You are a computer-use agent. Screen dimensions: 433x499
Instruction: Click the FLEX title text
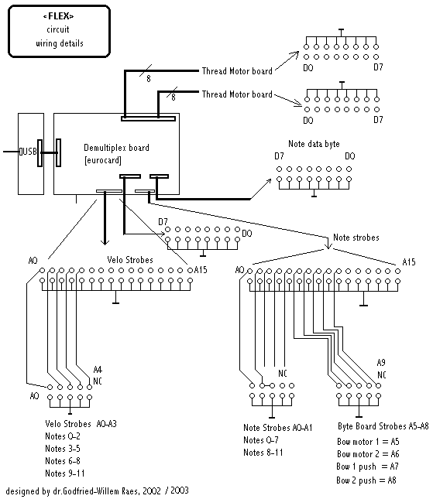pos(58,16)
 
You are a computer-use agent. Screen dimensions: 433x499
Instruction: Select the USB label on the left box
pos(28,152)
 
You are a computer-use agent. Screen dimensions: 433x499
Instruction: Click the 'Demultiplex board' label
pos(116,148)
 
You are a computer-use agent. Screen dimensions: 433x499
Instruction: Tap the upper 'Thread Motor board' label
pos(237,71)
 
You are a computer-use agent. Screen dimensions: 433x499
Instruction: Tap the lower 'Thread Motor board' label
pos(237,94)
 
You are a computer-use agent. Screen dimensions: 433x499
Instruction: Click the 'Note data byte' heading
pos(314,144)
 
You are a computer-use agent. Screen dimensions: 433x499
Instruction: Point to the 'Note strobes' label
pos(356,238)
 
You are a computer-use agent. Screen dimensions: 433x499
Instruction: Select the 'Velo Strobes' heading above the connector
pos(130,260)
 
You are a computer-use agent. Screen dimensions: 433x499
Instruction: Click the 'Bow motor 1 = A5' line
pos(368,442)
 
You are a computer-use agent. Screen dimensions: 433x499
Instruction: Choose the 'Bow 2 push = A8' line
pos(366,480)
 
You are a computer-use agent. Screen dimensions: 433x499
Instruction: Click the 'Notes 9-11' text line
pos(65,473)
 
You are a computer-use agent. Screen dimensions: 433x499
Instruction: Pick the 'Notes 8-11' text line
pos(263,453)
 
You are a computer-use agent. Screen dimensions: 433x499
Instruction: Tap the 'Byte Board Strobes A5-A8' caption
pos(383,426)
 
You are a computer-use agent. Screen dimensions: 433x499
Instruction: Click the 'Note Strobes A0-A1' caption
pos(277,427)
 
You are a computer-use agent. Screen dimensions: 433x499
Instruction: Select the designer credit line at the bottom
pos(98,490)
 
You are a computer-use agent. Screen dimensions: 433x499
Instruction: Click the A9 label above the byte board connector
pos(381,363)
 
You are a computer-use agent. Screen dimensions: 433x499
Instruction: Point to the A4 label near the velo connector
pos(98,370)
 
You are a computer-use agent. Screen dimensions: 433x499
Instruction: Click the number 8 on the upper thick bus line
pos(149,79)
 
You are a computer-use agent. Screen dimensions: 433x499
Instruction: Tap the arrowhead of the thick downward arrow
pos(105,242)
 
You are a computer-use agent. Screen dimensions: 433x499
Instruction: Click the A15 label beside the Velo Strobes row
pos(201,270)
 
